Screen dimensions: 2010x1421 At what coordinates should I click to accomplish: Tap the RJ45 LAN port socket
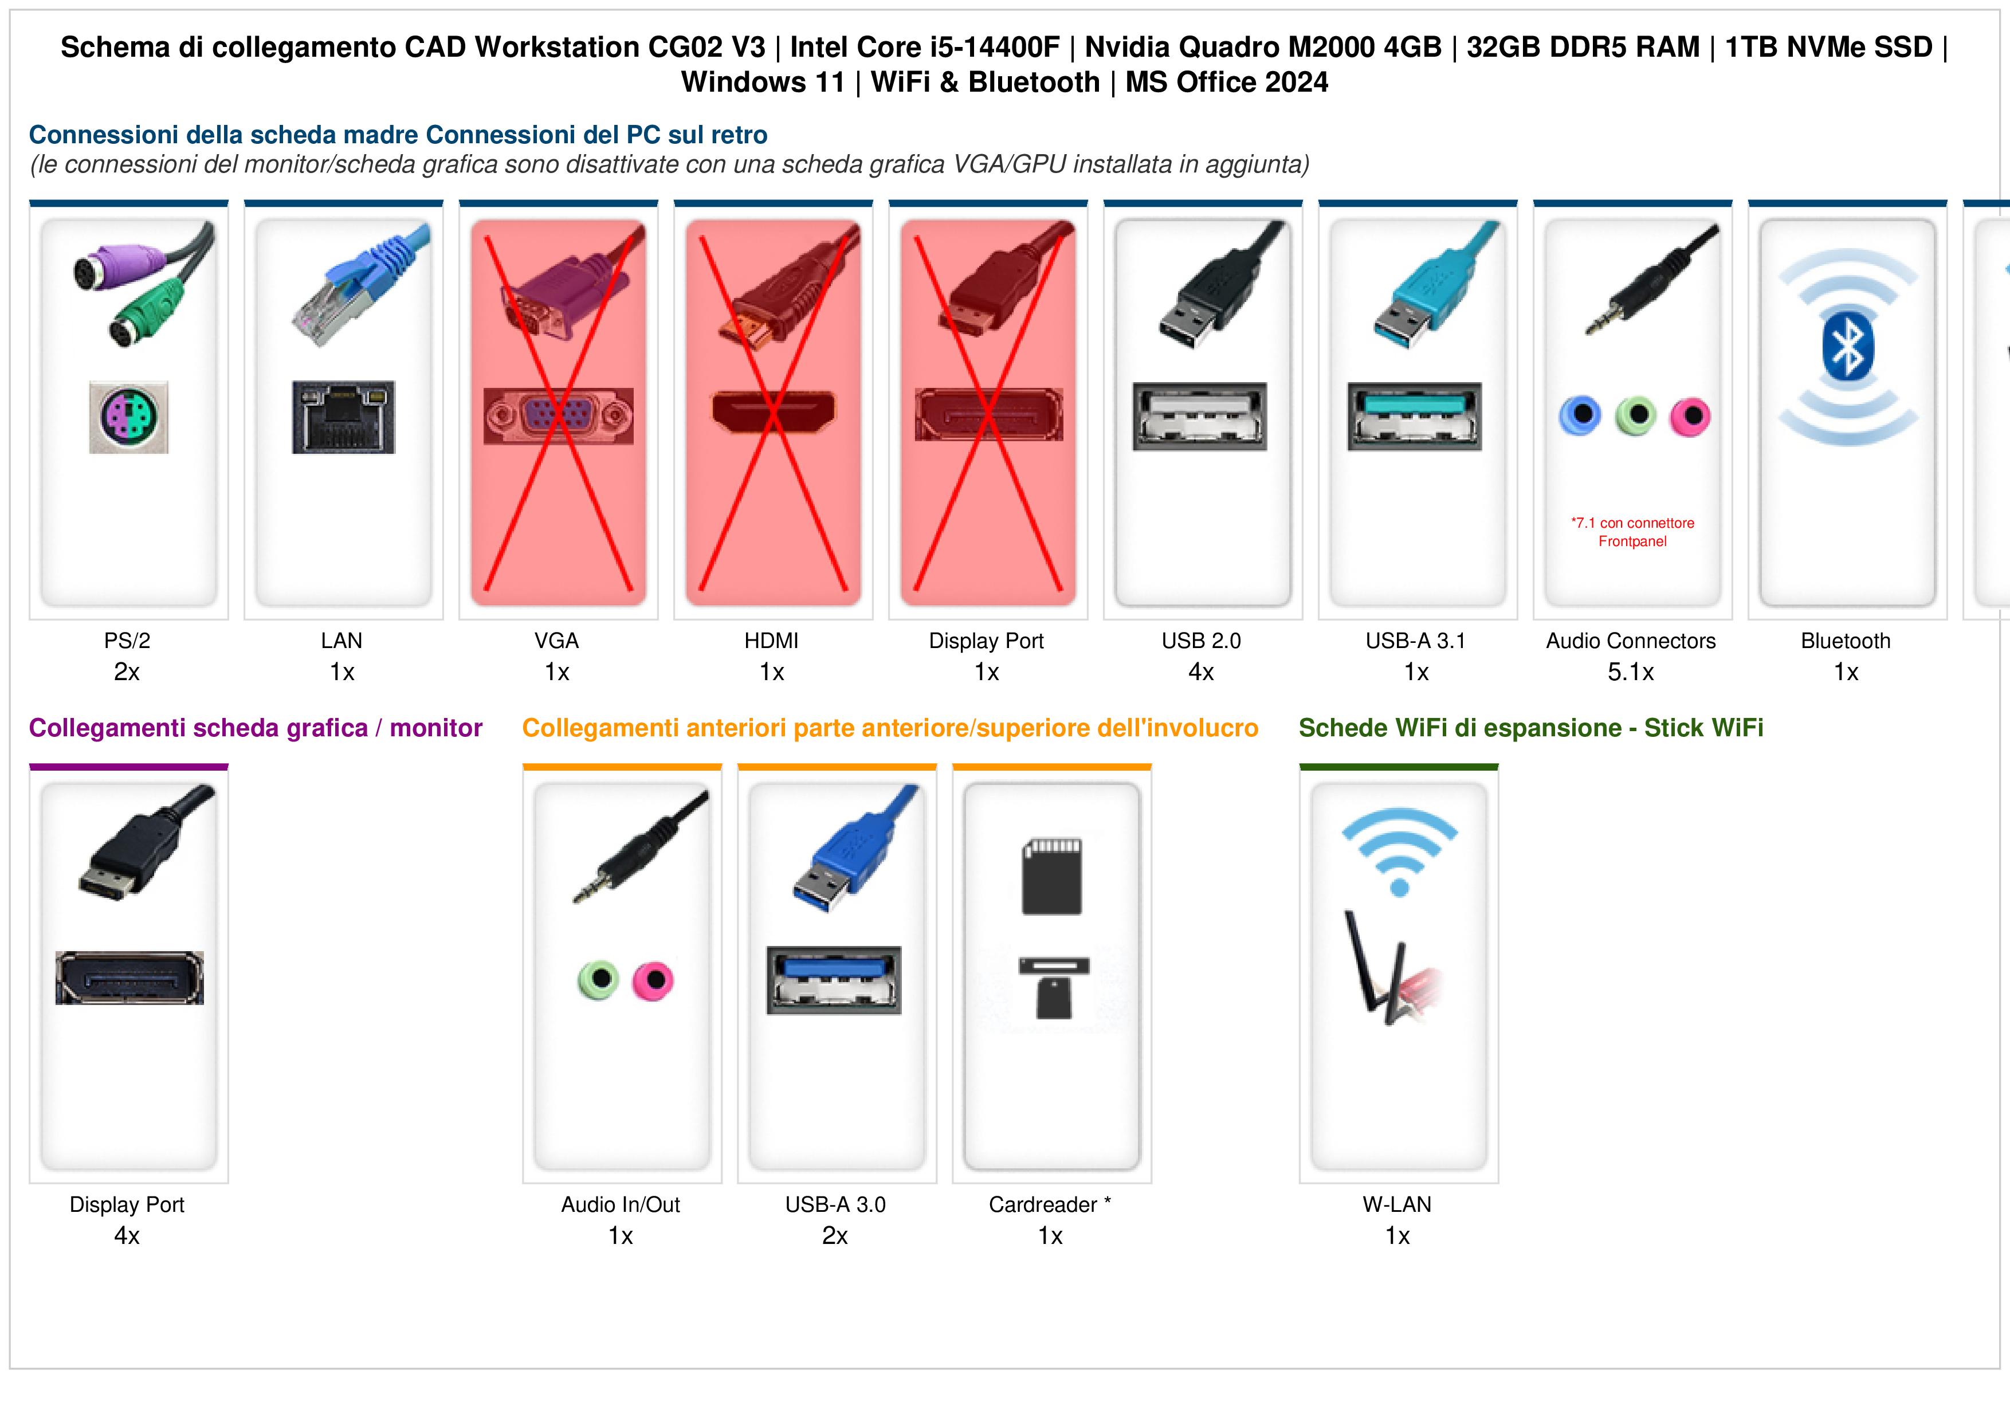coord(343,417)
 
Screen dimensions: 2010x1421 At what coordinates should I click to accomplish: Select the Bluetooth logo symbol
coord(1847,346)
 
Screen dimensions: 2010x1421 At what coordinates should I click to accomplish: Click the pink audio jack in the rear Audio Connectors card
coord(1690,417)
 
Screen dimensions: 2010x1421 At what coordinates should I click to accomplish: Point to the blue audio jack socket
coord(1580,415)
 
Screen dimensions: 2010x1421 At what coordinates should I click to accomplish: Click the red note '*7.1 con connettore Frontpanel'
coord(1632,532)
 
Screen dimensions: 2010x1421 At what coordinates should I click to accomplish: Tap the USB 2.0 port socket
coord(1199,417)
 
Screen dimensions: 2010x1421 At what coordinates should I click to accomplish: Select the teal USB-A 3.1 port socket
coord(1415,417)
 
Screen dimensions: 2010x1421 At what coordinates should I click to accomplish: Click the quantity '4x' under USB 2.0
coord(1201,673)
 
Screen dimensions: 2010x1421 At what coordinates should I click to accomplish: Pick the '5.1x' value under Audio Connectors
coord(1631,673)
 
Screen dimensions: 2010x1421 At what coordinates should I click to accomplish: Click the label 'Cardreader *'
coord(1050,1205)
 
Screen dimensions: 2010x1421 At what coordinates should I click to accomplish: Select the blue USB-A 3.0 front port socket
coord(834,980)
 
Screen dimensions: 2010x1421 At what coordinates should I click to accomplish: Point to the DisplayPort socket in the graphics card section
coord(129,977)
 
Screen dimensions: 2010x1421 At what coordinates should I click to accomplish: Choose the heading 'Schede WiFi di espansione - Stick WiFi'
coord(1531,728)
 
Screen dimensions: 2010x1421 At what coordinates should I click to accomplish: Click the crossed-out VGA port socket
coord(559,417)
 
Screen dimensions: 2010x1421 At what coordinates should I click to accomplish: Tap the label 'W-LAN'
coord(1397,1205)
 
